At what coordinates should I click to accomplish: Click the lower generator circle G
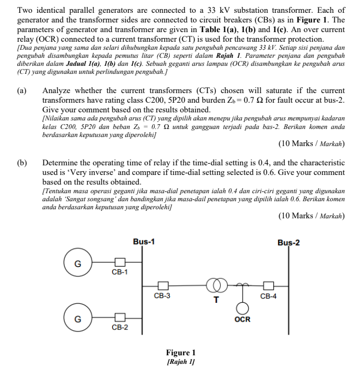[x=78, y=319]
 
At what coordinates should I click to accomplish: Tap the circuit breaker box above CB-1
[x=120, y=262]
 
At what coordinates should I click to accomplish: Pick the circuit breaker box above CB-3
[x=162, y=286]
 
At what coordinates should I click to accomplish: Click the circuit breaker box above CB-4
[x=268, y=286]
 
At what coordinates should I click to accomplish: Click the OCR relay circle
[x=243, y=309]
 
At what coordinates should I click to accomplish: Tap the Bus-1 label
[x=144, y=241]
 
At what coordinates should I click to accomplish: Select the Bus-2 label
[x=289, y=242]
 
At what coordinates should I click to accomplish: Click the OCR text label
[x=243, y=320]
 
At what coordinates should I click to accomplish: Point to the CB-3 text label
[x=162, y=295]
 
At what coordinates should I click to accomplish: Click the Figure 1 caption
[x=181, y=353]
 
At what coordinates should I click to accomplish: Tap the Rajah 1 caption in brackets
[x=181, y=362]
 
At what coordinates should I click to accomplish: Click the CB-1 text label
[x=119, y=272]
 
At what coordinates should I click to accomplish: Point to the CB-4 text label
[x=268, y=296]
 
